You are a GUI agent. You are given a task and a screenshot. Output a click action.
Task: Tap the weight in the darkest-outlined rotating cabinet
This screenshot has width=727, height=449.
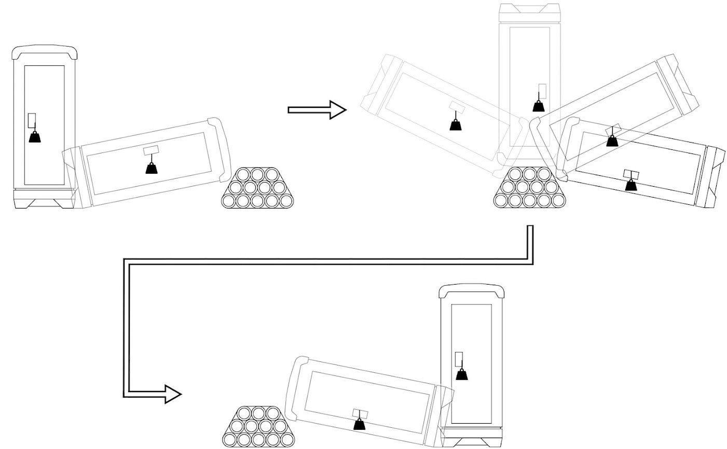pyautogui.click(x=631, y=184)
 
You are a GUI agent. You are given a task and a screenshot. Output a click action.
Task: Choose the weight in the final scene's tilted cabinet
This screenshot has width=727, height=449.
pyautogui.click(x=359, y=424)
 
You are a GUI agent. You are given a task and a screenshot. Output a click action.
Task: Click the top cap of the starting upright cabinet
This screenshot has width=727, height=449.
pyautogui.click(x=45, y=51)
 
